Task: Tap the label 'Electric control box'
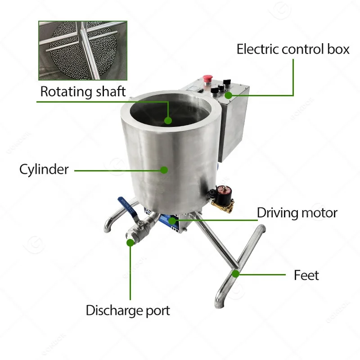click(293, 49)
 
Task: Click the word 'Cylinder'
click(44, 169)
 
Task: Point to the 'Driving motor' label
click(297, 212)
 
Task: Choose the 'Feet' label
click(306, 274)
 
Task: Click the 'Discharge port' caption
click(128, 310)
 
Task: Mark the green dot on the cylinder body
click(164, 170)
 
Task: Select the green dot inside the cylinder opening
click(168, 120)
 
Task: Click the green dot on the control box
click(229, 95)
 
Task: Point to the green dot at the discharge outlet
click(130, 243)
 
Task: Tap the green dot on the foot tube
click(235, 273)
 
